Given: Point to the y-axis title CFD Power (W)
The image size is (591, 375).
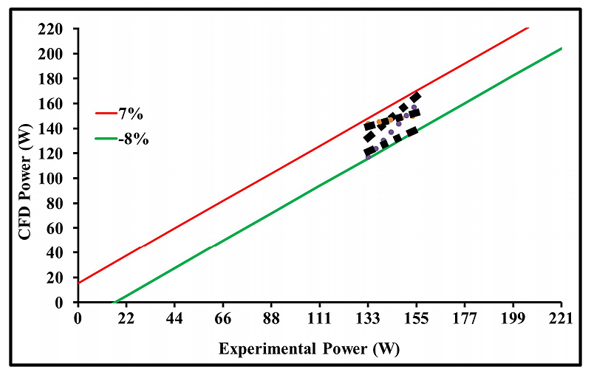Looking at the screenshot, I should tap(29, 165).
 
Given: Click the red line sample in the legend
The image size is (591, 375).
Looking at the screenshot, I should tap(106, 114).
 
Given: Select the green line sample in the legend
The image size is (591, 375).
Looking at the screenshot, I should tap(106, 139).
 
